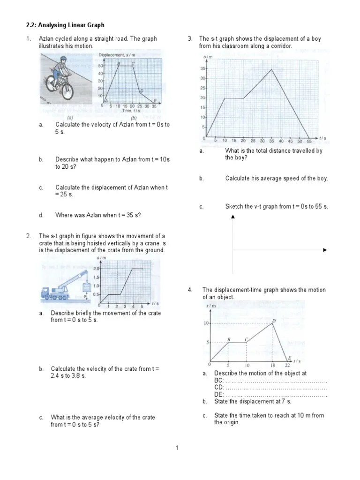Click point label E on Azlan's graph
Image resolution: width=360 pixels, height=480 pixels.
pos(156,100)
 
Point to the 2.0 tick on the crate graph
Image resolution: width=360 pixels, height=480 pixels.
pos(96,269)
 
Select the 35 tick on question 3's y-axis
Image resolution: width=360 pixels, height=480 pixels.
pos(203,68)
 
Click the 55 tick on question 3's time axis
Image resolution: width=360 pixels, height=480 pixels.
pos(308,141)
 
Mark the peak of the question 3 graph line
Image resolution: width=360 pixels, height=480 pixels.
pos(272,69)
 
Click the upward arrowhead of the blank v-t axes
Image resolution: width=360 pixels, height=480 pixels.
pos(233,216)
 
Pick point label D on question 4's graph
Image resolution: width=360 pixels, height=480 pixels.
pos(274,321)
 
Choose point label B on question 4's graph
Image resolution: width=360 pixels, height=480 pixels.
pos(229,339)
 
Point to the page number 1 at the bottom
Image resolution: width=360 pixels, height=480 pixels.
pos(178,449)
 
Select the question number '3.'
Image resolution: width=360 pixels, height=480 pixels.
pos(190,39)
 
